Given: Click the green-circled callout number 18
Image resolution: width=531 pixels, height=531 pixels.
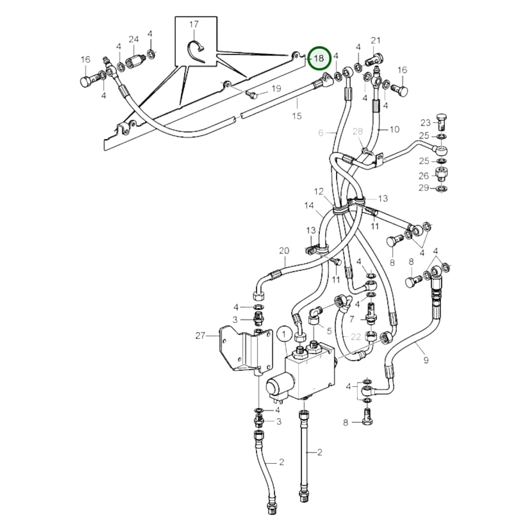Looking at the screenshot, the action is [319, 58].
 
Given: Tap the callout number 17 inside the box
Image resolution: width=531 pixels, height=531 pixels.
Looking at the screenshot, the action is [194, 24].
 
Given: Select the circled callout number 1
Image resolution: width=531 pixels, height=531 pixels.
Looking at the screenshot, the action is [284, 334].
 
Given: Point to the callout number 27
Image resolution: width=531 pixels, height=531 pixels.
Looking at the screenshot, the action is [200, 336].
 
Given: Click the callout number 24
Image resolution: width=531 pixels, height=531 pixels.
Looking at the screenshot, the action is [134, 39].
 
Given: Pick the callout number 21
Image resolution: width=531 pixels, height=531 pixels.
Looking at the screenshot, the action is [376, 40].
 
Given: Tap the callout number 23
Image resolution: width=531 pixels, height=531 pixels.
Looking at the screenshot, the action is [426, 123].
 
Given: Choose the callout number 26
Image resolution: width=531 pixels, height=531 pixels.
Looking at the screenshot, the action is [424, 176].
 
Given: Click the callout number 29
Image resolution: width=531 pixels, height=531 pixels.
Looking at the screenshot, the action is [424, 188].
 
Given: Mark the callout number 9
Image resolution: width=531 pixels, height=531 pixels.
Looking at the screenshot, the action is [426, 360].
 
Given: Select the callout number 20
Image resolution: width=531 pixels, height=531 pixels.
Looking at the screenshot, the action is [284, 251].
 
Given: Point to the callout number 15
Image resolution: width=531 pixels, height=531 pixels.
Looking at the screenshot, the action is [297, 116].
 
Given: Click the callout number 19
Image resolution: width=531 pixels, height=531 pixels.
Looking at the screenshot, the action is [276, 89].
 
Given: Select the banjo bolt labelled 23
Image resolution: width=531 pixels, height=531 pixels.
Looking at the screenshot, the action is [442, 121].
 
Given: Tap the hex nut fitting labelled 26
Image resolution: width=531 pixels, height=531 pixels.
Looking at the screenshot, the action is [442, 173].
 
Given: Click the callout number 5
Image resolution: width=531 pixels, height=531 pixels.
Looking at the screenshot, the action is [329, 331].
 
